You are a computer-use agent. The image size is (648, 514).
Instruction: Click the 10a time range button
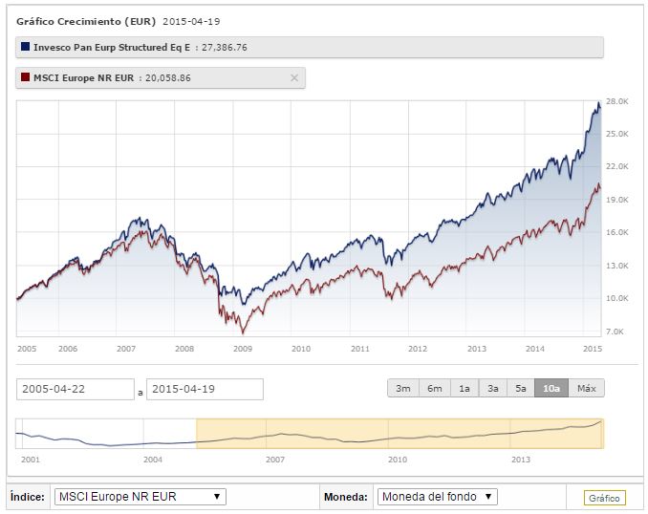pyautogui.click(x=551, y=388)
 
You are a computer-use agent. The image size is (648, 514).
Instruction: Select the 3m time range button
pyautogui.click(x=402, y=388)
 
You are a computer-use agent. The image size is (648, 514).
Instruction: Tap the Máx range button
pyautogui.click(x=587, y=388)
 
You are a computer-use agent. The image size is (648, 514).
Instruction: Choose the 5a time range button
pyautogui.click(x=521, y=388)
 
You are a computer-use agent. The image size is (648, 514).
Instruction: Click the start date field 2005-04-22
pyautogui.click(x=76, y=389)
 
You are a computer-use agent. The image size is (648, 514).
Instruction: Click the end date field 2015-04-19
pyautogui.click(x=204, y=389)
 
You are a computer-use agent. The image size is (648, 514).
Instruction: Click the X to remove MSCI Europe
pyautogui.click(x=293, y=77)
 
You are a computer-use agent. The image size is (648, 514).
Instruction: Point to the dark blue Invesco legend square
pyautogui.click(x=25, y=47)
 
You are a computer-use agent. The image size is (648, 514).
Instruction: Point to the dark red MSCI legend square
pyautogui.click(x=25, y=77)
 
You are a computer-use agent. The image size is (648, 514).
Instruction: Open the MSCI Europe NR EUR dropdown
pyautogui.click(x=140, y=497)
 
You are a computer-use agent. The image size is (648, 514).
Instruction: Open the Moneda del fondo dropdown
pyautogui.click(x=437, y=497)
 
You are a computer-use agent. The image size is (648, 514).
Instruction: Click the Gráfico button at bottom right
pyautogui.click(x=604, y=498)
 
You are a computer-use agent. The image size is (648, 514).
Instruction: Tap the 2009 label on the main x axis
pyautogui.click(x=242, y=349)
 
